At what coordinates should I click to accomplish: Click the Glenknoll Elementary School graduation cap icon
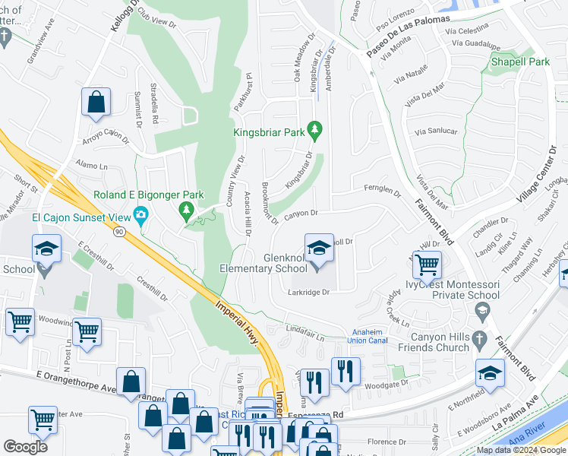pyautogui.click(x=319, y=249)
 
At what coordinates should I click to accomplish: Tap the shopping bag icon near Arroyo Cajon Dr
pyautogui.click(x=96, y=103)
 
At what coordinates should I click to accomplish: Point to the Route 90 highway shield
pyautogui.click(x=119, y=232)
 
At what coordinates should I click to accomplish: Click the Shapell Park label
pyautogui.click(x=519, y=61)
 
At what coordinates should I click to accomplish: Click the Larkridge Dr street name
pyautogui.click(x=310, y=292)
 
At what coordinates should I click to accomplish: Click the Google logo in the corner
pyautogui.click(x=27, y=447)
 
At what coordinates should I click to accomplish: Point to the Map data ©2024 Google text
pyautogui.click(x=520, y=450)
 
